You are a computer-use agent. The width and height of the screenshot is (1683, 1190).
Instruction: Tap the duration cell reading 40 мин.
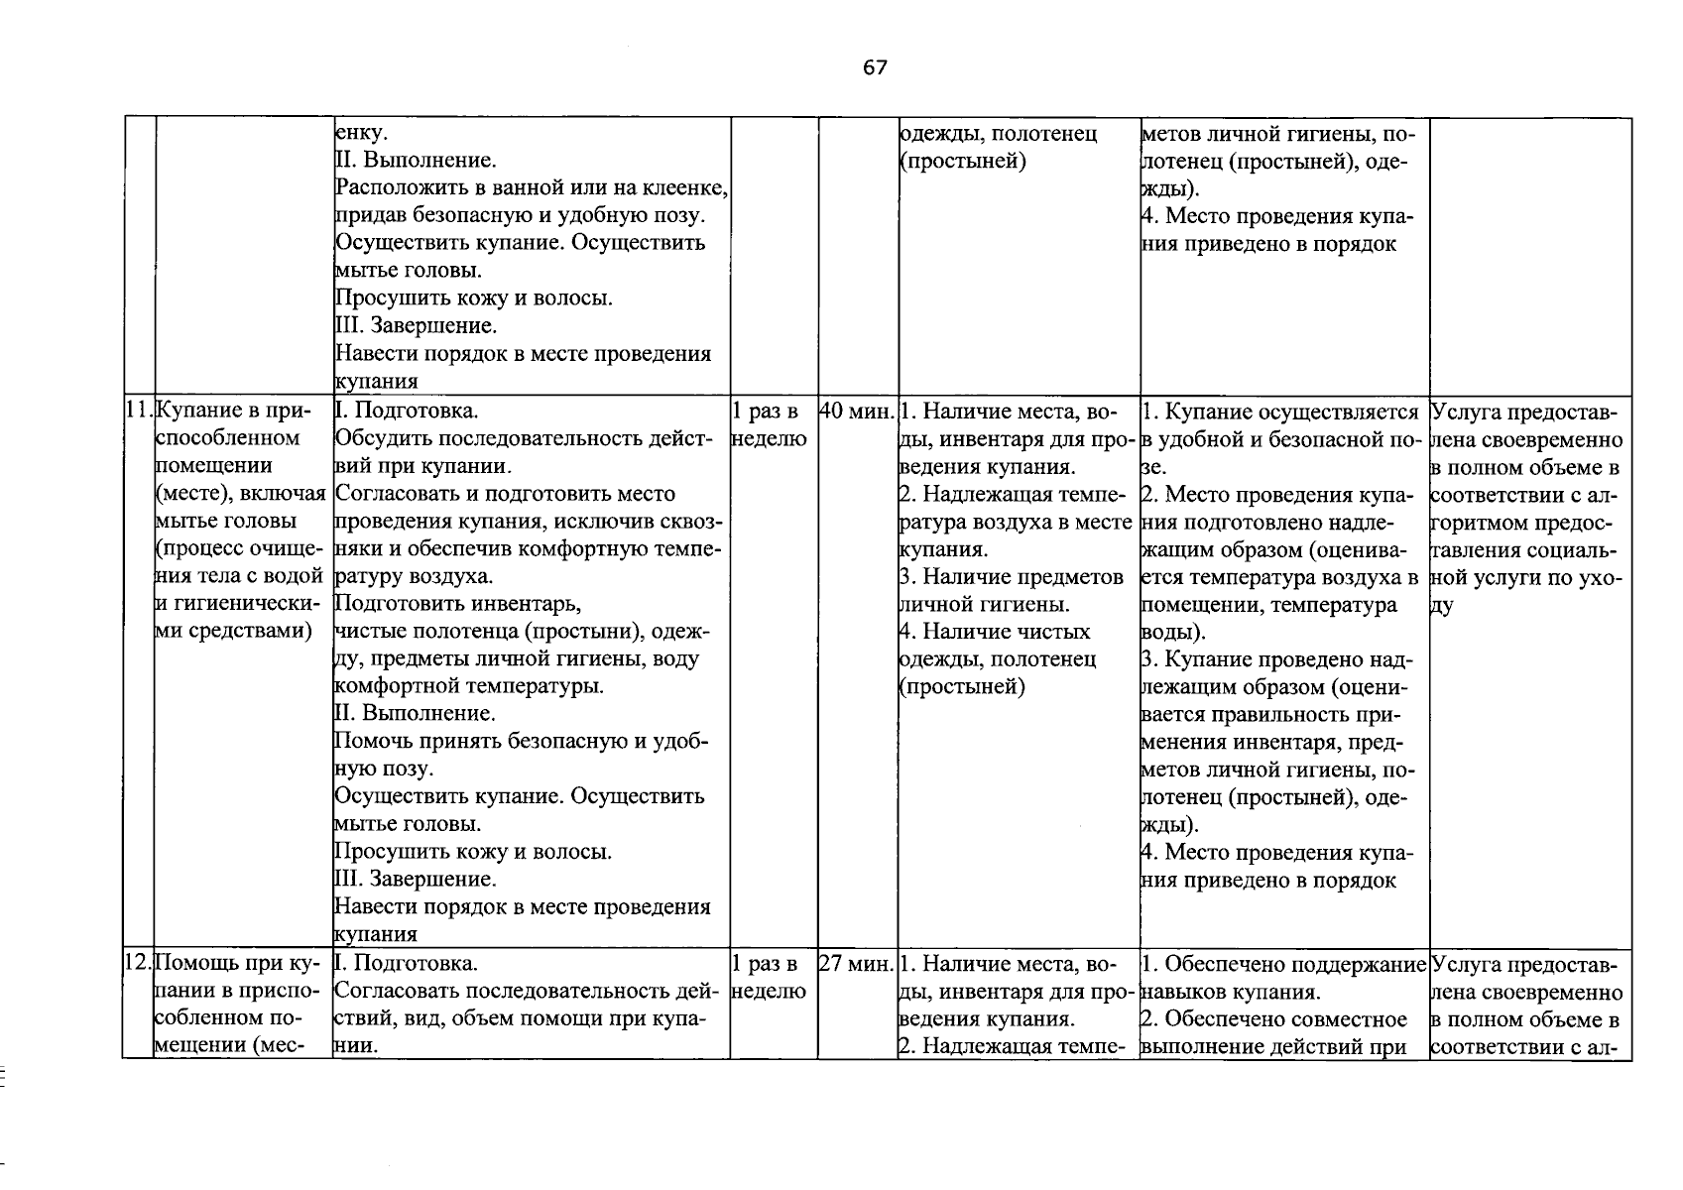[857, 412]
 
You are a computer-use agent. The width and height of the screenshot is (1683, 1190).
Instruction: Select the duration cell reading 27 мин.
[857, 964]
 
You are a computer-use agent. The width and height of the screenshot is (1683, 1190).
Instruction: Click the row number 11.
[139, 412]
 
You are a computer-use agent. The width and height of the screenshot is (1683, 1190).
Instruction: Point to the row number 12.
[138, 964]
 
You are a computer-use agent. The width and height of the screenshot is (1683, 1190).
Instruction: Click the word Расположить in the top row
[394, 187]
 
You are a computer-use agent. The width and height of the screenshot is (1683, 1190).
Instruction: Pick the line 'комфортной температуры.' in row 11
[470, 686]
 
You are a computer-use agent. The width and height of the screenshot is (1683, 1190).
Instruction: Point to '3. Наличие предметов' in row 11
[1011, 577]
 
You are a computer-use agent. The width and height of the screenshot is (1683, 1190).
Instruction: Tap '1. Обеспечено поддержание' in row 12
[1283, 964]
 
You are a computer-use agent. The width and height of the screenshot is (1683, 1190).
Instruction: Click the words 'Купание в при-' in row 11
[234, 412]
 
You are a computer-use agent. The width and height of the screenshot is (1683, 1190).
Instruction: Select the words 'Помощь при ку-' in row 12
[237, 964]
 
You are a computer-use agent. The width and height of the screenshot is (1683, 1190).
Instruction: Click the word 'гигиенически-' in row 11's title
[244, 604]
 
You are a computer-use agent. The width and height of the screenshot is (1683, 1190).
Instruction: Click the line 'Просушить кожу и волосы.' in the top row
[474, 298]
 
